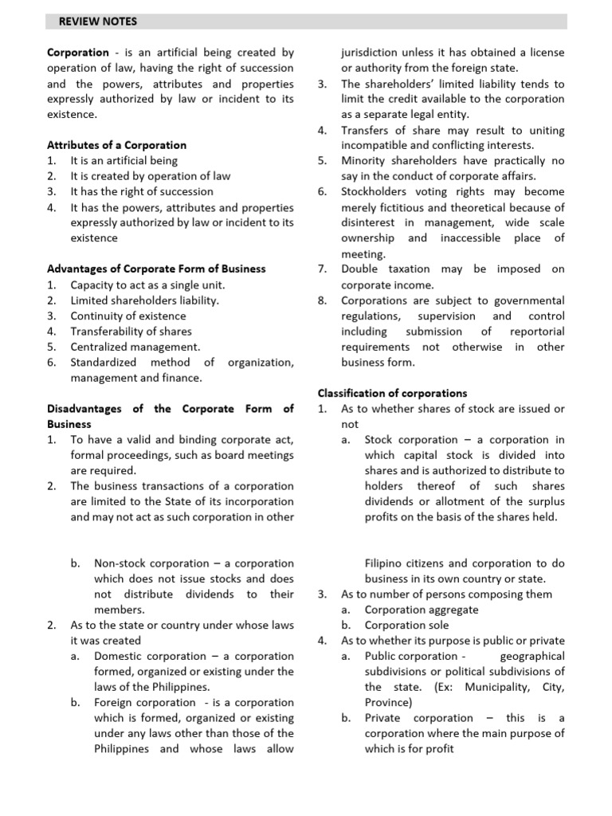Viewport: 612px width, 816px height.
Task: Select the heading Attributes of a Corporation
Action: (x=116, y=145)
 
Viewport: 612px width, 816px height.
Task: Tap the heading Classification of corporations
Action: (x=392, y=393)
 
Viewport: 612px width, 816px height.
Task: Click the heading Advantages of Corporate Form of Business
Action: (x=156, y=269)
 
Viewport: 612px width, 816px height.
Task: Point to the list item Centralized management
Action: (x=135, y=347)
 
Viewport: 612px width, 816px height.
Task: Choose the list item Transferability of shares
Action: (x=131, y=331)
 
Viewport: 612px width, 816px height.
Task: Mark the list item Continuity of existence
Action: (x=129, y=316)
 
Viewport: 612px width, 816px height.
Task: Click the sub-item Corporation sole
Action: (x=406, y=625)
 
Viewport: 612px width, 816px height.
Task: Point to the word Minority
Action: (x=364, y=161)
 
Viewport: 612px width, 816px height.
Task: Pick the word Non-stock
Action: (x=122, y=563)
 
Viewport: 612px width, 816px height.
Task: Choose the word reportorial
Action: (x=534, y=331)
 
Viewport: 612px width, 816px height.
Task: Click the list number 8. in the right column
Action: (x=322, y=300)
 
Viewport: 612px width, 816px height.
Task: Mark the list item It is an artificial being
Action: (x=124, y=160)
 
